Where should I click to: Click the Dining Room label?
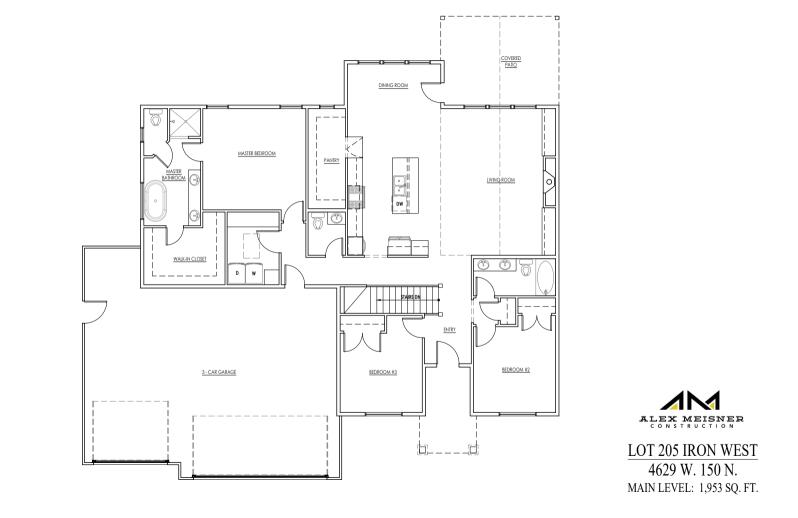click(x=393, y=86)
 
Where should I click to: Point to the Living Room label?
click(x=500, y=180)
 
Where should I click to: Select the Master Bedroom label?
click(x=256, y=153)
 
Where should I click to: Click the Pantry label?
click(x=332, y=159)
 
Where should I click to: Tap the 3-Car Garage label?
click(x=218, y=371)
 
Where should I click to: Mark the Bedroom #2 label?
click(x=515, y=370)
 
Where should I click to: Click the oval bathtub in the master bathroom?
click(x=158, y=202)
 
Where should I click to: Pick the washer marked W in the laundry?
click(x=254, y=272)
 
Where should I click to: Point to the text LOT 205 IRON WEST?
click(x=690, y=451)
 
